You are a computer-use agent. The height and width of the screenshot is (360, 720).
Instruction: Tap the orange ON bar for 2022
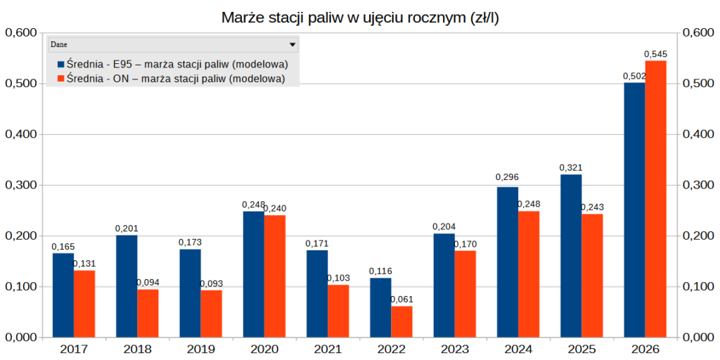(401, 321)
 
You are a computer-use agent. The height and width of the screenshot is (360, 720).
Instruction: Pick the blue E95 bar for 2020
(253, 274)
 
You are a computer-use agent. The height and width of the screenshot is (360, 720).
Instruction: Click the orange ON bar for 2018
(148, 313)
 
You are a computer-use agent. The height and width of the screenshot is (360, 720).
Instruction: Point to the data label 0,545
(655, 54)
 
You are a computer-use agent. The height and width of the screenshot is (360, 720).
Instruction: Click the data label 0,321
(570, 168)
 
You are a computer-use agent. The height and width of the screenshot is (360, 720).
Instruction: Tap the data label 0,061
(401, 300)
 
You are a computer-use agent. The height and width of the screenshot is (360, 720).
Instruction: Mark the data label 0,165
(63, 247)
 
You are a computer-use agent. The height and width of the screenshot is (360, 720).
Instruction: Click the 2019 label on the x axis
(200, 349)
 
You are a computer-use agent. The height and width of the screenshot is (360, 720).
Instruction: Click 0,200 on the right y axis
(697, 236)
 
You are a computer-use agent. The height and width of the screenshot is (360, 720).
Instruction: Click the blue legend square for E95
(60, 65)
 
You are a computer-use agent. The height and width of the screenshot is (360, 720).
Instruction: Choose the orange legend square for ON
(60, 79)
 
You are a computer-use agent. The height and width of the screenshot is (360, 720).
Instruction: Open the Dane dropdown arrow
(292, 44)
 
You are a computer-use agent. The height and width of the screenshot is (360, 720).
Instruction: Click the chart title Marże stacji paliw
(360, 17)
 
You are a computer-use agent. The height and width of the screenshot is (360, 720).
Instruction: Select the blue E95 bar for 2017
(63, 295)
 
